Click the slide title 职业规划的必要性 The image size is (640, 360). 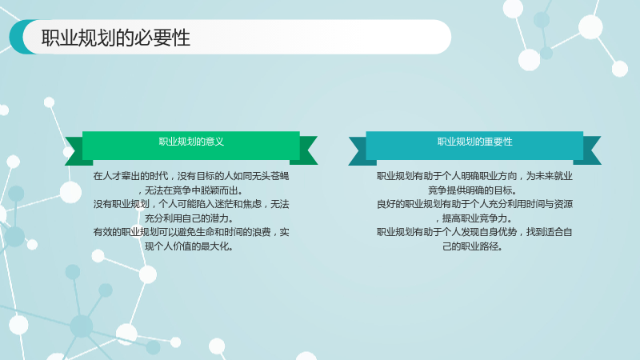click(x=115, y=38)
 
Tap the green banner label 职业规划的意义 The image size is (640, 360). click(x=191, y=142)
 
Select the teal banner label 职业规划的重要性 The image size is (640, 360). click(x=474, y=142)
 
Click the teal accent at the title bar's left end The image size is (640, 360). click(x=18, y=37)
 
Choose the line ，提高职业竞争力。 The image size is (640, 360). click(x=474, y=218)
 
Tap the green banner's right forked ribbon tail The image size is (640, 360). click(x=309, y=150)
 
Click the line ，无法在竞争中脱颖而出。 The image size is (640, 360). click(x=190, y=190)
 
